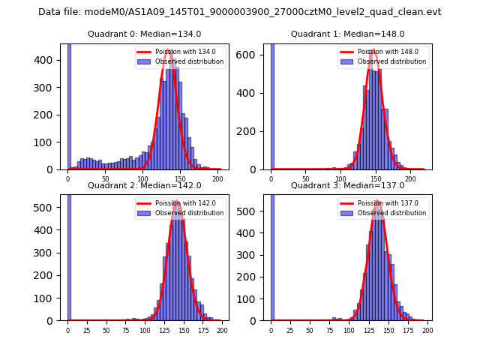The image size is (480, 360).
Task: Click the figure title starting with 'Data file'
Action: (x=240, y=12)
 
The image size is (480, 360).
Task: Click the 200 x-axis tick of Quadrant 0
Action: (x=217, y=179)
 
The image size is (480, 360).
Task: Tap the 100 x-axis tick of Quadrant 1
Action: (x=340, y=179)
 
